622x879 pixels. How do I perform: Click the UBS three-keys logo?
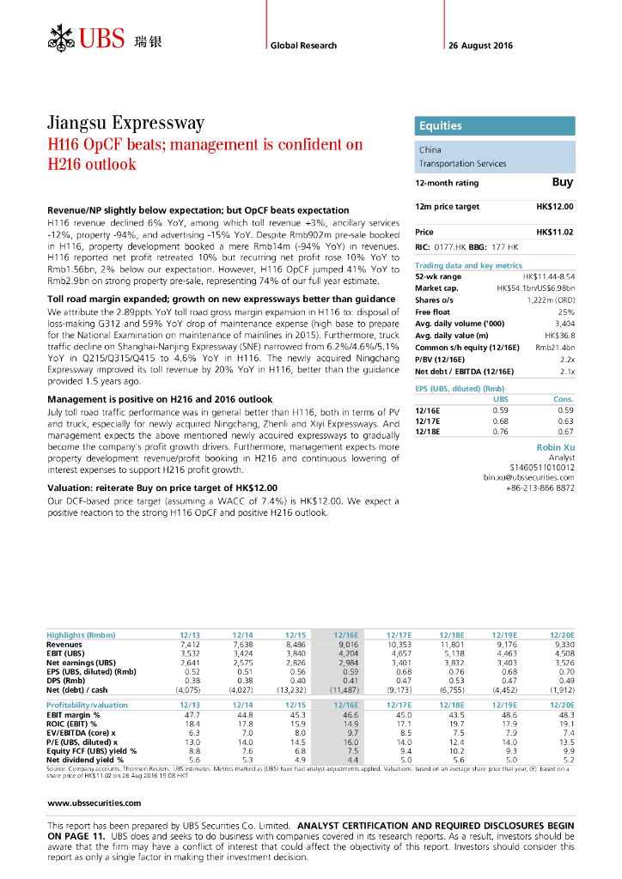[x=62, y=39]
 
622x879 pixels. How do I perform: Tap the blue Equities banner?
[x=494, y=126]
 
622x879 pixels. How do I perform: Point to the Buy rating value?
[x=562, y=182]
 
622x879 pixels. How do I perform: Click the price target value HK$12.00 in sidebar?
[x=554, y=207]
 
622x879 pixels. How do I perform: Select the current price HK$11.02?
[x=554, y=233]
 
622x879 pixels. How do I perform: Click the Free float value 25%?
[x=566, y=312]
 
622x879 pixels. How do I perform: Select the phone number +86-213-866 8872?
[x=541, y=487]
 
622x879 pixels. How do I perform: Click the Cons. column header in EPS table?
[x=564, y=399]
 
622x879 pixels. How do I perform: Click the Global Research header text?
[x=303, y=45]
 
